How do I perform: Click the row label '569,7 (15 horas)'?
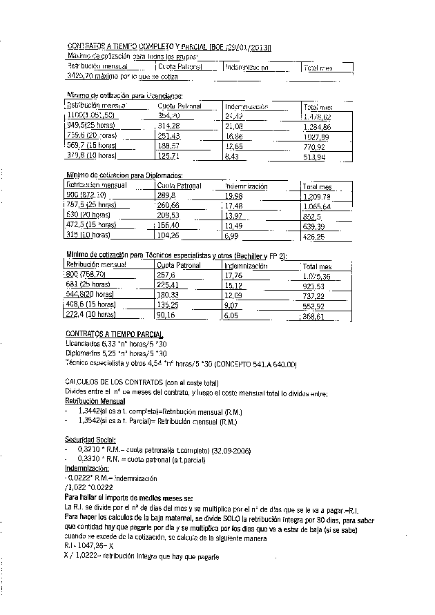coord(91,146)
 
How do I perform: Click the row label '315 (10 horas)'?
coord(90,235)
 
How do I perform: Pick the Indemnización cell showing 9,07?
coord(233,304)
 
